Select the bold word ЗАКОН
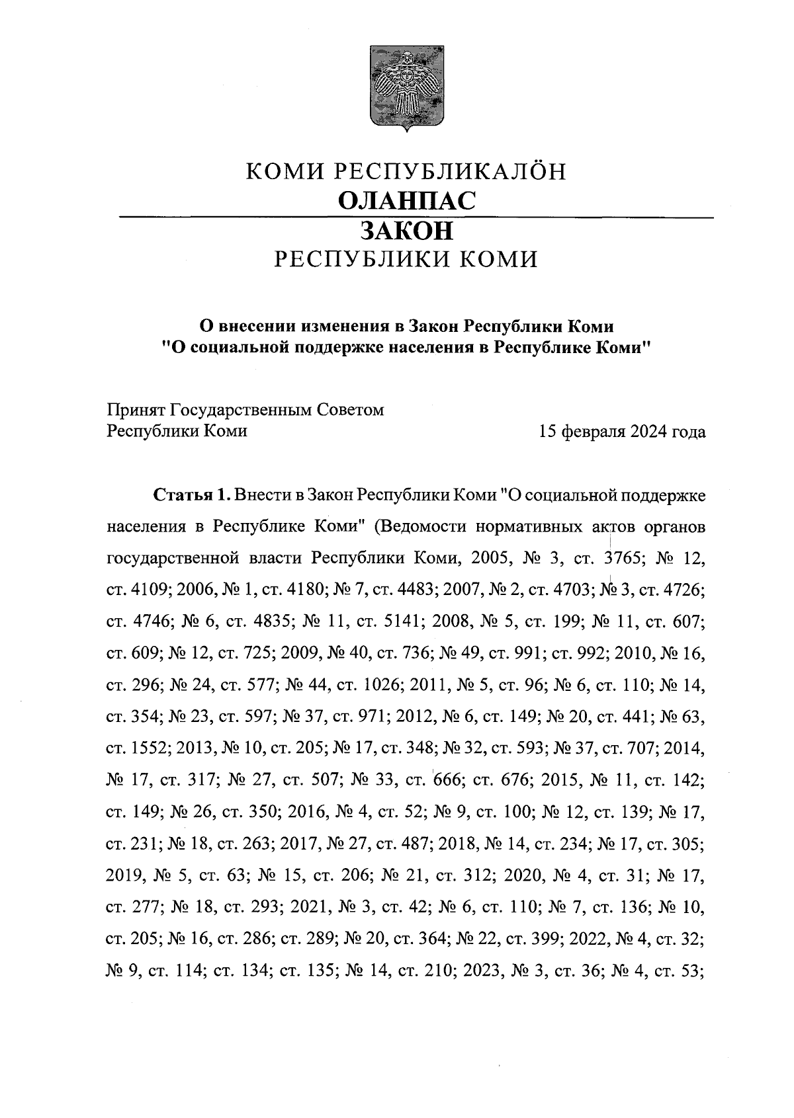(406, 231)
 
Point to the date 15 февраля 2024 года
(622, 432)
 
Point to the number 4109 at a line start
(149, 590)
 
